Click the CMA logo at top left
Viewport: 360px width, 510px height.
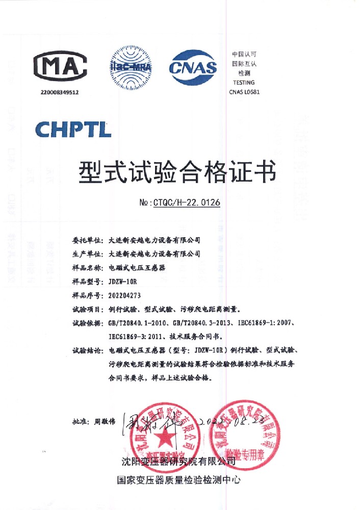[x=60, y=66]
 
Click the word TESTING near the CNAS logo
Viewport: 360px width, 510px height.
[x=243, y=83]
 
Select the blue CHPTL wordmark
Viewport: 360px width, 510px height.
[x=73, y=129]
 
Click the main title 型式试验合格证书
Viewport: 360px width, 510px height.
[x=178, y=172]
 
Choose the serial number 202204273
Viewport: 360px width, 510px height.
[x=125, y=295]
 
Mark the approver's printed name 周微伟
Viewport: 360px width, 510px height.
[x=106, y=422]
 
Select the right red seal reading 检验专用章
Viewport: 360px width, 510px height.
[x=246, y=433]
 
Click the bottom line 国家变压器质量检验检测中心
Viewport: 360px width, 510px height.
[x=178, y=480]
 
